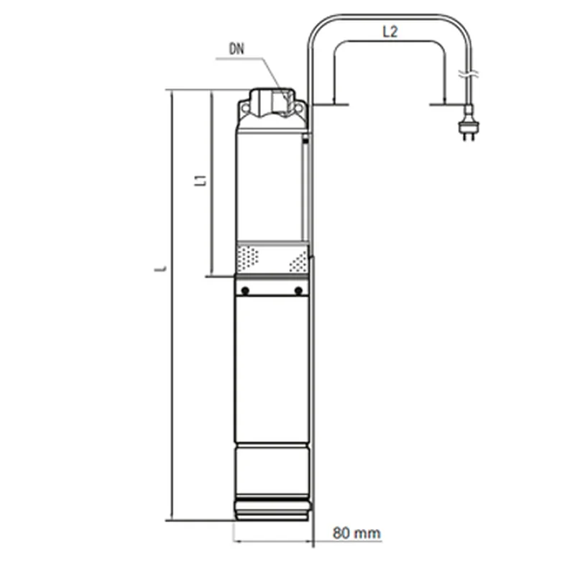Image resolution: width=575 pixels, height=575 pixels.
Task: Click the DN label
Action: [x=236, y=49]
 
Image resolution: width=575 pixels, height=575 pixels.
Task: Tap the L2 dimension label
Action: [x=390, y=32]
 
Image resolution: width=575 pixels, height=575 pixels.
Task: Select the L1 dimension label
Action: [x=201, y=180]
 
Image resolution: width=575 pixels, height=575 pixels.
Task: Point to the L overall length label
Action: [x=160, y=269]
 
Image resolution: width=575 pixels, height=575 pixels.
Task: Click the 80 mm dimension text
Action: [x=356, y=533]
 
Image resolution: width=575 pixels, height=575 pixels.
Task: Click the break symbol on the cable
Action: [x=469, y=75]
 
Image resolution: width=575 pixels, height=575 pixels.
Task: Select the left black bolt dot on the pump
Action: [x=245, y=290]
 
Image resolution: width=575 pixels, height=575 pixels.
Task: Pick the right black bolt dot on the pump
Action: [x=298, y=290]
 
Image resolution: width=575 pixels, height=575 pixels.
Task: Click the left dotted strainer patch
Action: [x=248, y=258]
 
